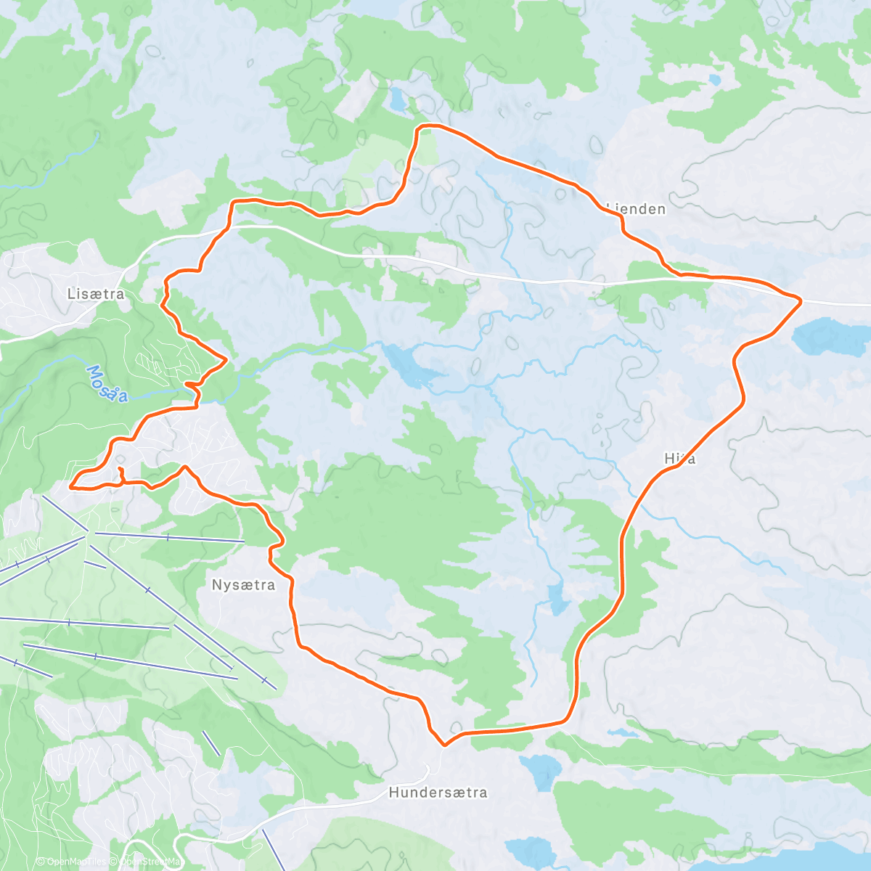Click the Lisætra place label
(95, 295)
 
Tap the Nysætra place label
(243, 585)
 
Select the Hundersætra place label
(438, 793)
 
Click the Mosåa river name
(107, 383)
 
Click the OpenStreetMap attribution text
(151, 862)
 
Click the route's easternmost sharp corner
(801, 299)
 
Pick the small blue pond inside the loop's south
(557, 600)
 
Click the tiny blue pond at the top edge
(398, 100)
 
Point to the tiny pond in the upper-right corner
(714, 79)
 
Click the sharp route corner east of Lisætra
(226, 359)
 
